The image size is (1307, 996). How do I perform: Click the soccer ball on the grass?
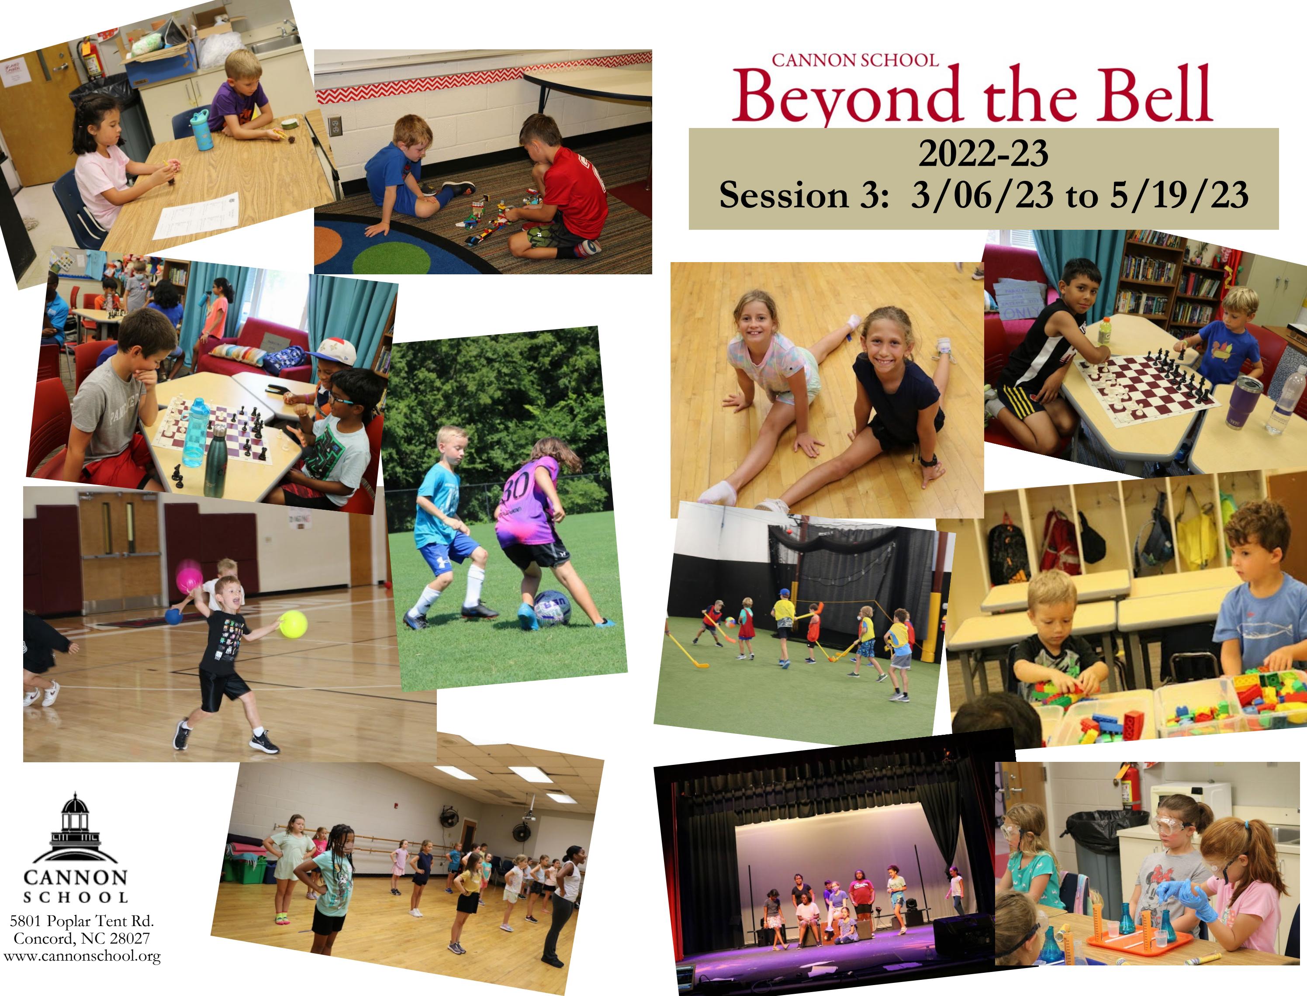pos(553,608)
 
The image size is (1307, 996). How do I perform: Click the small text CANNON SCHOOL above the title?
pos(855,60)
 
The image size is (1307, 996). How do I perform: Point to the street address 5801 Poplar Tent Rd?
pos(82,921)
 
